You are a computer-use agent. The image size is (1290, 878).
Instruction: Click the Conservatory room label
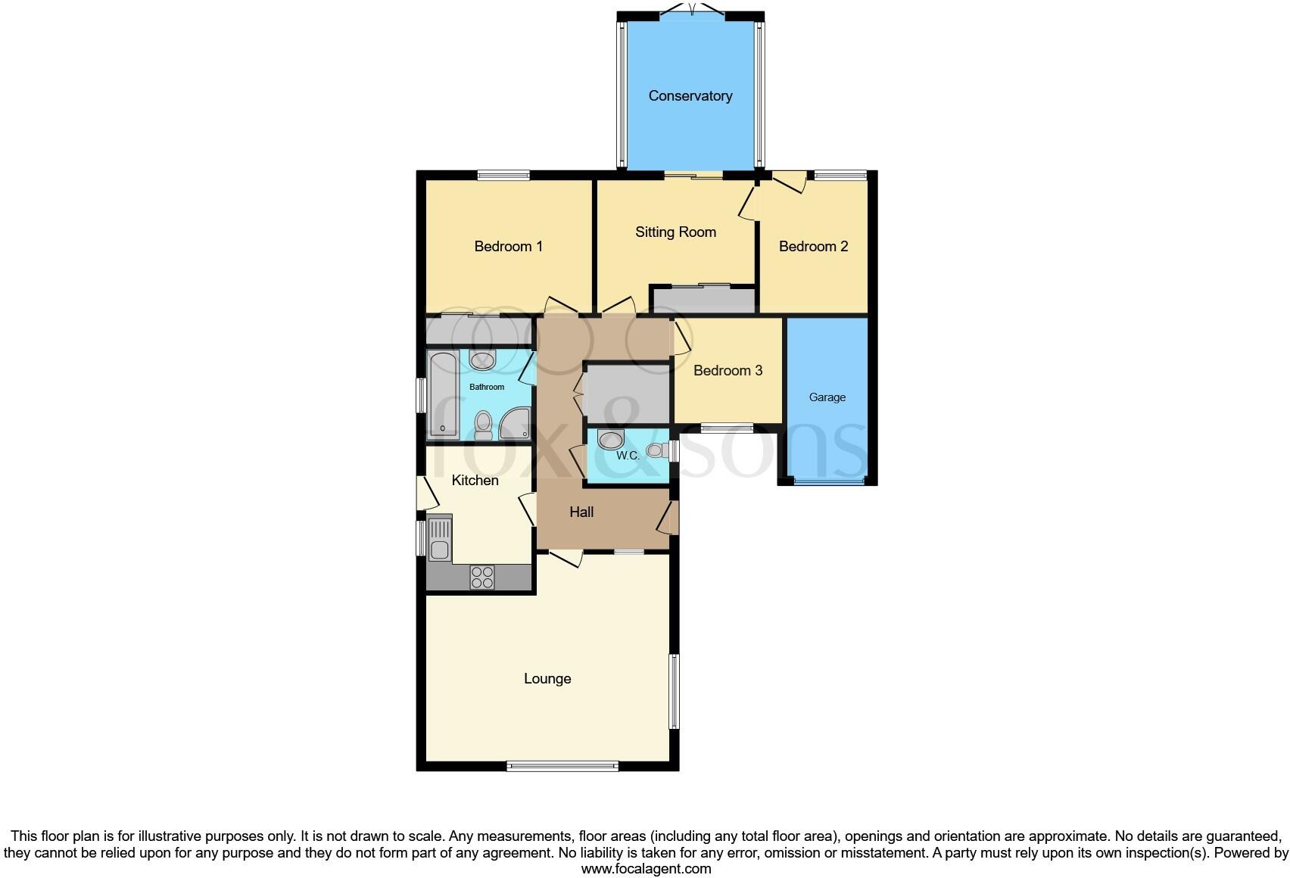690,96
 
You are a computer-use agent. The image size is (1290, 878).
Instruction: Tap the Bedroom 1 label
508,247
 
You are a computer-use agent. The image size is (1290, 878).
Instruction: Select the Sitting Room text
675,232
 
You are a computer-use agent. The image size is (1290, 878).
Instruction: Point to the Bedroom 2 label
813,247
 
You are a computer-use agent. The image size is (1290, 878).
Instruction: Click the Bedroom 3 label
728,371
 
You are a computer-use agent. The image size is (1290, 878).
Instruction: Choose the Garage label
827,397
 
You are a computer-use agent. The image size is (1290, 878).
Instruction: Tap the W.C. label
628,456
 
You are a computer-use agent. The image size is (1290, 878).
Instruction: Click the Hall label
581,512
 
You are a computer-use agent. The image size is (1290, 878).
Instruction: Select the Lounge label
547,679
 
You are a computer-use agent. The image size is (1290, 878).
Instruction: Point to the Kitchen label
475,481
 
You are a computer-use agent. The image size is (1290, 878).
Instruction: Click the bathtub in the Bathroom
443,394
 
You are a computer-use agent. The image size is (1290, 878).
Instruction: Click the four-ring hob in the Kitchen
482,578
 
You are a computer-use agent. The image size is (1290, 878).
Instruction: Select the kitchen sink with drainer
440,538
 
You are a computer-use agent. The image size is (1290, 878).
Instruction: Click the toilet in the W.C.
656,450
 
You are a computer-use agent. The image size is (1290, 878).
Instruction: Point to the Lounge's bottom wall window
562,766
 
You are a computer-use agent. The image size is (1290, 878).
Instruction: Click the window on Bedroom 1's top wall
503,176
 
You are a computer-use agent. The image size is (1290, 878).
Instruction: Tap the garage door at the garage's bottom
827,481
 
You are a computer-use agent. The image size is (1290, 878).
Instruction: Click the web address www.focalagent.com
646,869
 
